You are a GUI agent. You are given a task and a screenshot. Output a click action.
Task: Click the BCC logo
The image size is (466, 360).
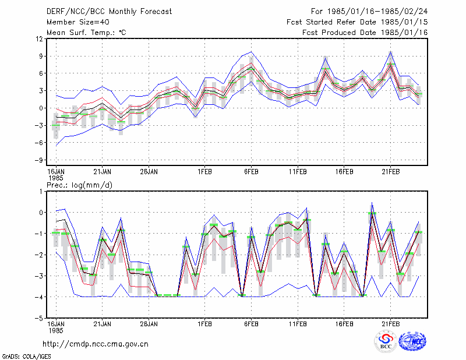[386, 342]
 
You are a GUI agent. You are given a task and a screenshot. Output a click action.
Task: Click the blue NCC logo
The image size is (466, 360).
[413, 341]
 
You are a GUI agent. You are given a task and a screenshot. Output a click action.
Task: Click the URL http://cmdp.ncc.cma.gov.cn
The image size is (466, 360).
[96, 344]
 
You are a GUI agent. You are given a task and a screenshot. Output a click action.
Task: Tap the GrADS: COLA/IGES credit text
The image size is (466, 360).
[26, 357]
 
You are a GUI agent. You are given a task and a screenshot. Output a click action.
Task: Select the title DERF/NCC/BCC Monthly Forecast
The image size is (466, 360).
[109, 12]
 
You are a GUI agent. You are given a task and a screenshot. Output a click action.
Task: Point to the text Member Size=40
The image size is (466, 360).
[78, 22]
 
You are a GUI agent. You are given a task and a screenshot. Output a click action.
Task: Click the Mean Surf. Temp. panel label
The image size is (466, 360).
[86, 33]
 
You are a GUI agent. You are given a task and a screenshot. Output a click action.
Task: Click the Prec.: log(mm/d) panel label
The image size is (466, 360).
[79, 185]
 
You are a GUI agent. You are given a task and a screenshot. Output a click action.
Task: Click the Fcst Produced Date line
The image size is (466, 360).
[365, 33]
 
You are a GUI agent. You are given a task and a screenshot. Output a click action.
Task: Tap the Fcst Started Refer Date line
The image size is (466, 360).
[357, 22]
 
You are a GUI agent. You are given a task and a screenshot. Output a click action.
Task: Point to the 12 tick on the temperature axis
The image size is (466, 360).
[40, 38]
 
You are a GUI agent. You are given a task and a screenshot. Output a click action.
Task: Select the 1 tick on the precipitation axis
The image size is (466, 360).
[41, 191]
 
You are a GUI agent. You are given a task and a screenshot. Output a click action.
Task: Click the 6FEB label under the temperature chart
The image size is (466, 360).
[251, 172]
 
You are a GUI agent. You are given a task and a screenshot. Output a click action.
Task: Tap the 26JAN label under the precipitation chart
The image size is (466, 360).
[149, 324]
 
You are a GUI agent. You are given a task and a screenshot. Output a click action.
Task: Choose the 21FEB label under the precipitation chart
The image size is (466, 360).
[390, 324]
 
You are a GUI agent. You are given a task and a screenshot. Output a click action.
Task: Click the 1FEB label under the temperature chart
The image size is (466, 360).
[204, 172]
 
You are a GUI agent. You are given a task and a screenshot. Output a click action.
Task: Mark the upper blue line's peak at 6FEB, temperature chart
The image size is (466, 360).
[252, 52]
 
